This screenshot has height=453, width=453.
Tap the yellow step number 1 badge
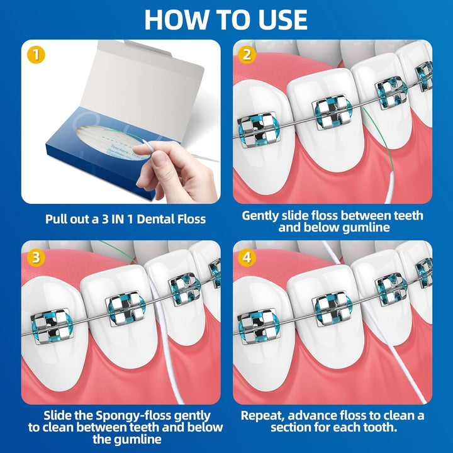point(36,55)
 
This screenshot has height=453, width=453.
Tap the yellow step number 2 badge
point(247,55)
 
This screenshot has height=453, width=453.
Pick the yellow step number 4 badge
point(247,257)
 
